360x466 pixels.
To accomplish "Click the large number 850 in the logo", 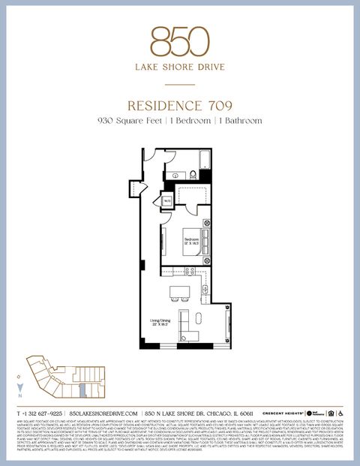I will (179, 42).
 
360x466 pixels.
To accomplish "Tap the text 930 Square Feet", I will (125, 120).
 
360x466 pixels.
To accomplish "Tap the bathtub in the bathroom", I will (202, 158).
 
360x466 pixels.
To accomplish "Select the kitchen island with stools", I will (181, 291).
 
